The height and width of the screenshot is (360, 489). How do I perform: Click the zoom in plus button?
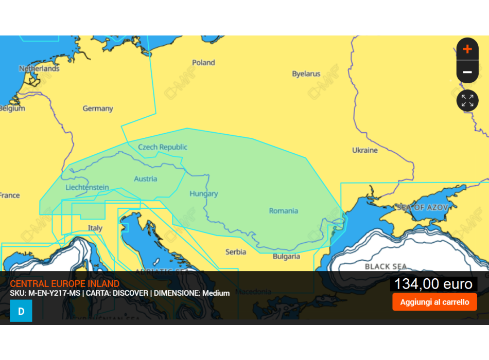467,49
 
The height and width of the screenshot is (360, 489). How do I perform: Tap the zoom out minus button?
467,73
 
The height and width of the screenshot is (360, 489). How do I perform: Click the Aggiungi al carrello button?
434,302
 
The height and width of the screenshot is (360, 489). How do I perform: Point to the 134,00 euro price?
433,284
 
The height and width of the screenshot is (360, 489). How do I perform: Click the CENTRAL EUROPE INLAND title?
64,284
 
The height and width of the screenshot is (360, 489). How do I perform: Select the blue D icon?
21,311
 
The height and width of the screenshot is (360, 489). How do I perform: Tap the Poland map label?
203,63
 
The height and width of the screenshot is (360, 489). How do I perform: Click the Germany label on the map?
98,109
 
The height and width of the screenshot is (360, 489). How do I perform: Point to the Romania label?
283,211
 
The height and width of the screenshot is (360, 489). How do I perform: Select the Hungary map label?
203,194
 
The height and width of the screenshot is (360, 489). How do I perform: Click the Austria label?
146,179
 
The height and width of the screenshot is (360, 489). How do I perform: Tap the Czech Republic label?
163,147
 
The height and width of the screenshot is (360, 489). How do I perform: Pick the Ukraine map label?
364,150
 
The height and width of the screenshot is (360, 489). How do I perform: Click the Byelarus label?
306,74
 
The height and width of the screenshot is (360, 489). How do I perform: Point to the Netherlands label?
39,68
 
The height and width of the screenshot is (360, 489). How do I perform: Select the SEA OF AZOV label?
422,207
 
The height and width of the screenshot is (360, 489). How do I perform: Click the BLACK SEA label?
386,266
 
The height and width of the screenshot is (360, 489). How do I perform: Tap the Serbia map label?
236,252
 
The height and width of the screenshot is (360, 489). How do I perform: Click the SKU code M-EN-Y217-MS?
55,293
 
